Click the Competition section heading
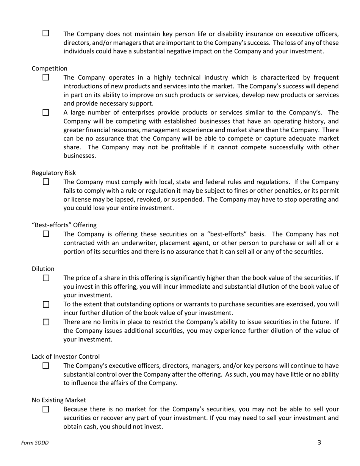coord(50,68)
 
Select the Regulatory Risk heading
coord(54,173)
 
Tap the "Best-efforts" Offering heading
coord(64,225)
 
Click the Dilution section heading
coord(43,269)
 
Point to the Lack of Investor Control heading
coord(66,357)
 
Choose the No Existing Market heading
coord(59,400)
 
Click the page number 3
coord(319,442)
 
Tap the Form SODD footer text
coord(35,443)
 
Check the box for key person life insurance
coord(46,33)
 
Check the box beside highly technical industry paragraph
coord(46,77)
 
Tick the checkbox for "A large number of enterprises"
coord(46,113)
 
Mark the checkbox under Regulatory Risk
coord(46,182)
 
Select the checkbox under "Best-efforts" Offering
coord(46,234)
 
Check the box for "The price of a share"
coord(46,278)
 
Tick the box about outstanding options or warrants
coord(46,304)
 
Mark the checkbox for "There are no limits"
coord(46,322)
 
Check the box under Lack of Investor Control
coord(46,366)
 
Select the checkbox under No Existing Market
coord(46,409)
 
